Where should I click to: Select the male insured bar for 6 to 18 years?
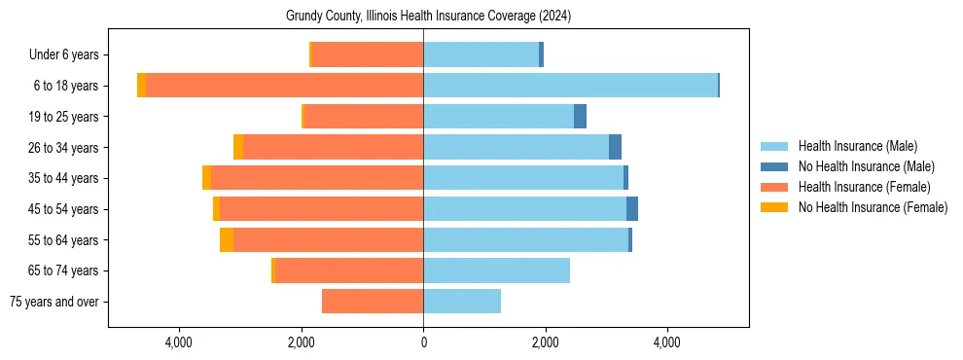click(570, 86)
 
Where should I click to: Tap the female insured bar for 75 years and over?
click(373, 302)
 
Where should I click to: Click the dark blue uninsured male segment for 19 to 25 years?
click(580, 117)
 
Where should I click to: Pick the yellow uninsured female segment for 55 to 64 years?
click(227, 240)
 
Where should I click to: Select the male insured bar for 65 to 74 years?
click(496, 270)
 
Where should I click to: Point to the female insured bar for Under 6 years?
click(368, 55)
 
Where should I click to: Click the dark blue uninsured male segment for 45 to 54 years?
click(632, 209)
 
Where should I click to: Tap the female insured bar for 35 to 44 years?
click(317, 178)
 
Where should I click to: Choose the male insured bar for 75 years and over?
click(462, 302)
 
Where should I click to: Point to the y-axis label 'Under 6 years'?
click(70, 55)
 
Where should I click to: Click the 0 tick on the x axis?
click(423, 342)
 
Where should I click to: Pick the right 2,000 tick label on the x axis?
click(545, 342)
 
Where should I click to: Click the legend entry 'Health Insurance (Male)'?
click(857, 146)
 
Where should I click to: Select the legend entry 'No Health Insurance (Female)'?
click(873, 207)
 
